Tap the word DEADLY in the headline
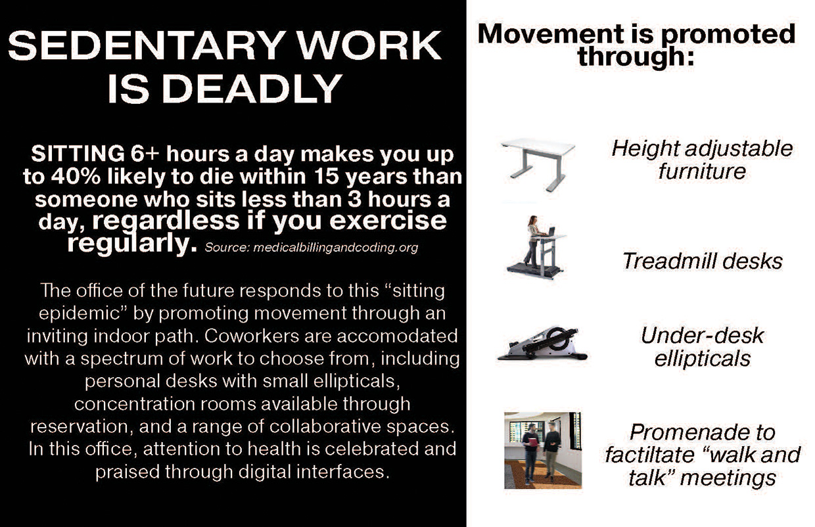(x=249, y=89)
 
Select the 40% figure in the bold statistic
(x=76, y=176)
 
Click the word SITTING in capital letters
(x=78, y=154)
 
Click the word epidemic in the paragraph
(x=80, y=313)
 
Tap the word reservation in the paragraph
(x=79, y=426)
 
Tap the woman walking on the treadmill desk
(x=532, y=241)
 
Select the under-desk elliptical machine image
(x=542, y=344)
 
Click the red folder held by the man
(x=532, y=442)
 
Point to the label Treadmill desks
(x=702, y=261)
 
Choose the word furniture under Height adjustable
(x=702, y=172)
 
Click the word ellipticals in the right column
(x=702, y=359)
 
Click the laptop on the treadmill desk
(x=551, y=232)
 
